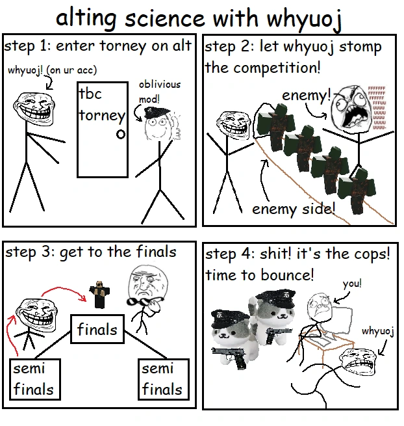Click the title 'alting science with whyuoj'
(198, 18)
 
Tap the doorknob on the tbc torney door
(120, 135)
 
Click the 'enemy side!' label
(293, 209)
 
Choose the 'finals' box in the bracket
(97, 329)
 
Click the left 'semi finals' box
(33, 379)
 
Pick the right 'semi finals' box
(162, 379)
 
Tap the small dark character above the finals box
(99, 295)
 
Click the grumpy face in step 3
(142, 283)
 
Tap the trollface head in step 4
(357, 364)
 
